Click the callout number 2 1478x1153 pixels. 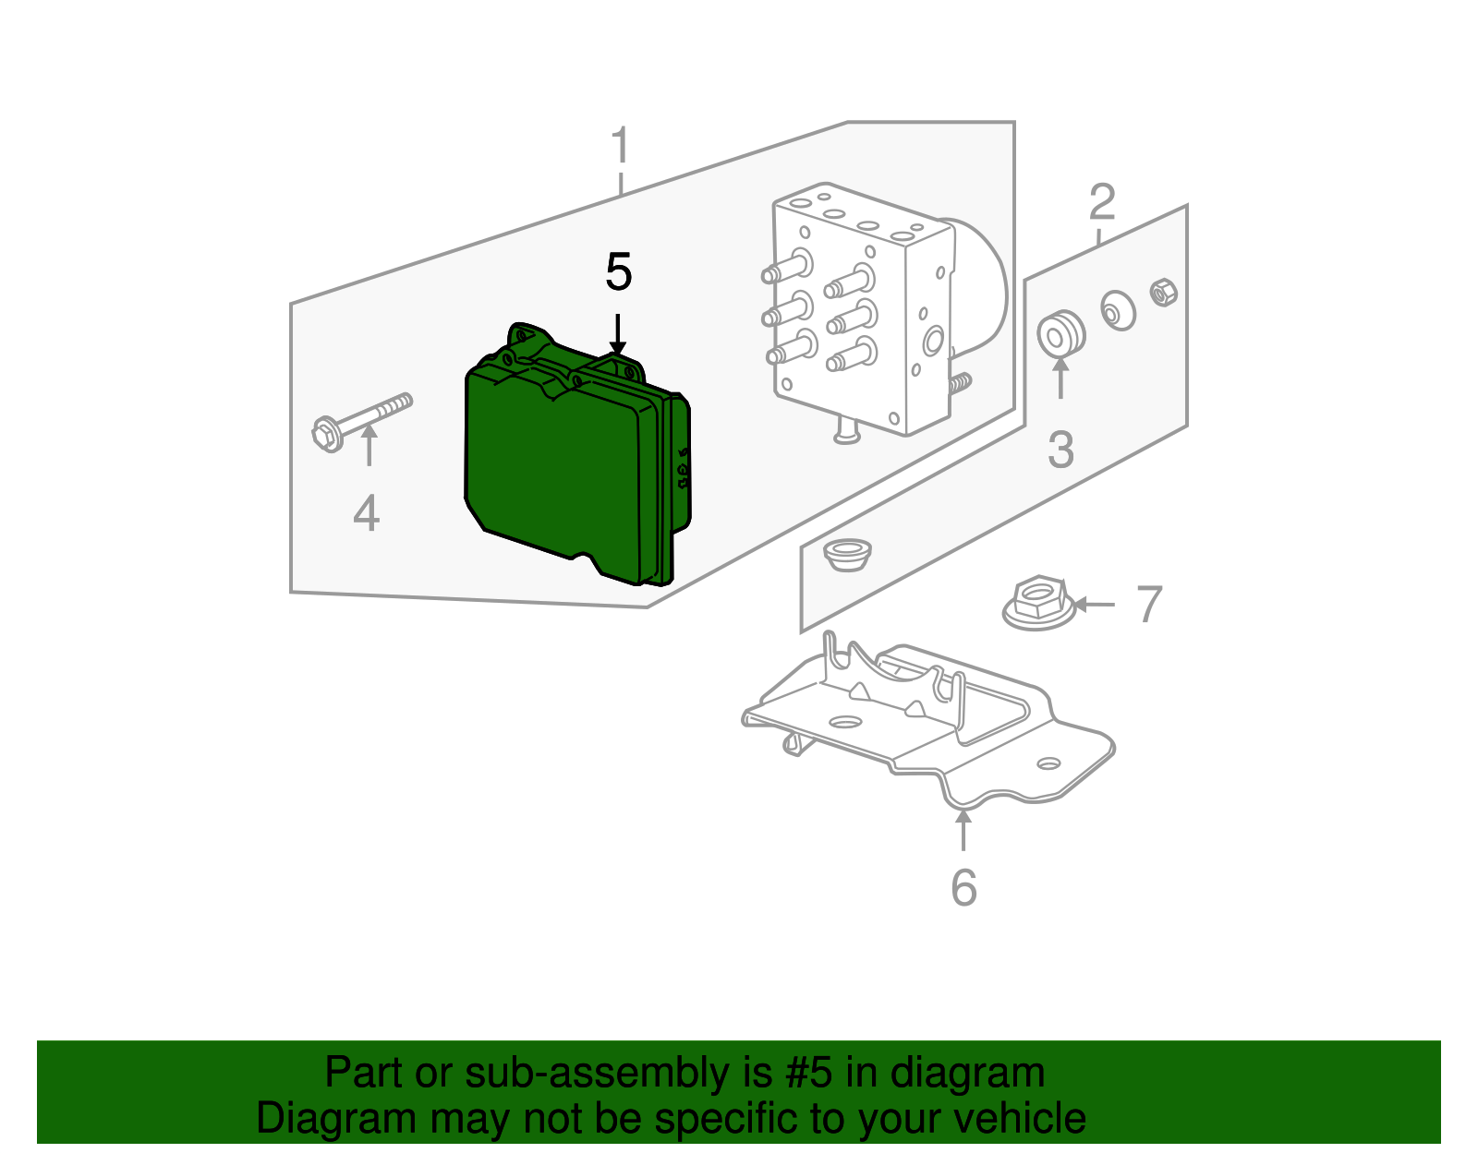[1102, 203]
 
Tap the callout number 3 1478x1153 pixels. [1060, 450]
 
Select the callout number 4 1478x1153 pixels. [366, 514]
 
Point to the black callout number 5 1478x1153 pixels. [618, 272]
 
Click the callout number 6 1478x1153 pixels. [963, 888]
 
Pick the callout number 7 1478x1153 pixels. [1148, 605]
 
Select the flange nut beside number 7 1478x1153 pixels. [1037, 605]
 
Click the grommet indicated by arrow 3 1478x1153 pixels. [1060, 334]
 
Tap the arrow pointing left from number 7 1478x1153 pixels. [1095, 605]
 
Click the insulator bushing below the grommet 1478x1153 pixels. [846, 555]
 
